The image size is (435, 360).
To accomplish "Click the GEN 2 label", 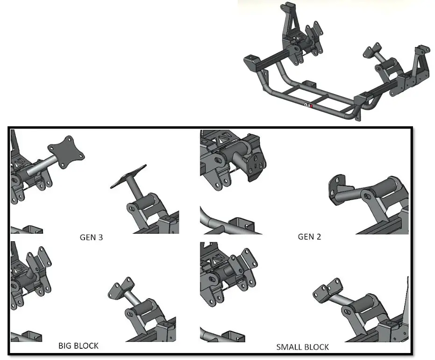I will [309, 237].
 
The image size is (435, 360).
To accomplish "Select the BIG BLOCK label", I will [78, 346].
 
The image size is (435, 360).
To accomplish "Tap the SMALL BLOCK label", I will [302, 347].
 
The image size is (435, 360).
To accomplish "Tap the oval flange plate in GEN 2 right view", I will [339, 187].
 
